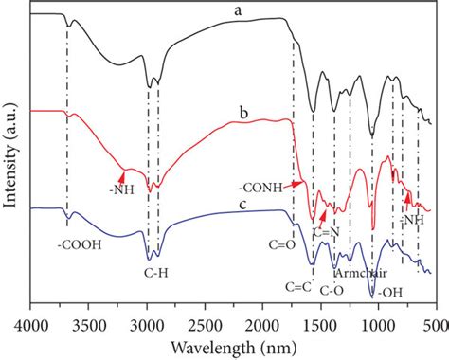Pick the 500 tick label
click(x=435, y=322)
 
